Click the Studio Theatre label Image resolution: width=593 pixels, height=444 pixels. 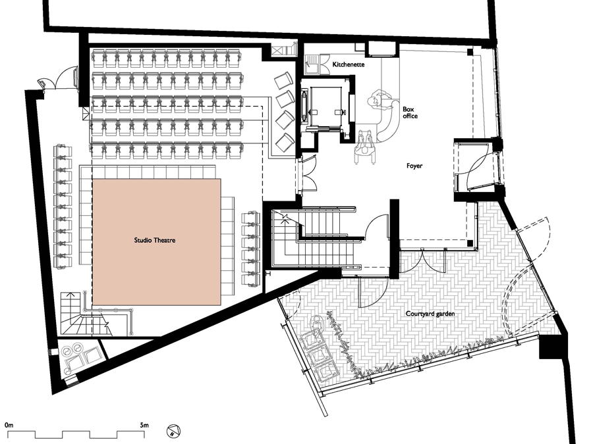tap(155, 240)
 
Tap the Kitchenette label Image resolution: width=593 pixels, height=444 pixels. tap(349, 64)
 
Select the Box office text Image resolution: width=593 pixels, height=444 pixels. tap(410, 112)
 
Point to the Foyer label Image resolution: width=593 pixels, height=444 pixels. tap(414, 166)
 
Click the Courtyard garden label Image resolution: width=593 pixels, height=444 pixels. tap(430, 314)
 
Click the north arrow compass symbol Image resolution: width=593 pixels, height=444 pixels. tap(173, 431)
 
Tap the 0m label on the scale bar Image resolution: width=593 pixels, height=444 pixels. tap(9, 425)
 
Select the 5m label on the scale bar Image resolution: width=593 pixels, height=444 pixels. tap(144, 425)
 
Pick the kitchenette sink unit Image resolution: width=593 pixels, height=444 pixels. tap(312, 64)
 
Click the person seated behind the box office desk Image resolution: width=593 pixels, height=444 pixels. tap(379, 99)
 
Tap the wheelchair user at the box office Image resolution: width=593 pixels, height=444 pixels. tap(365, 147)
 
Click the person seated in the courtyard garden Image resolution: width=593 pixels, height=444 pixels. tap(317, 324)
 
